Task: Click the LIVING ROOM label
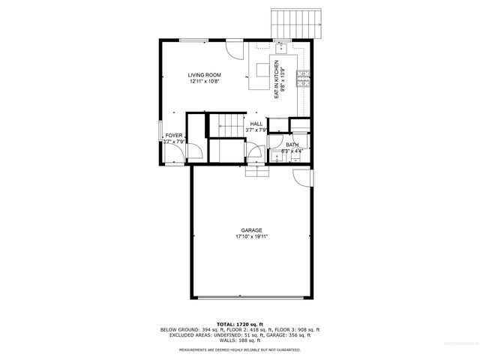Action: (x=203, y=75)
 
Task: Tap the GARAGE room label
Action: (x=251, y=230)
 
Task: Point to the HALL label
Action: (x=256, y=124)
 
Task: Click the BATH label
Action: (x=291, y=145)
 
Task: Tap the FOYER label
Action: (x=174, y=136)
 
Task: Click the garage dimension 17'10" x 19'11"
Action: (x=252, y=237)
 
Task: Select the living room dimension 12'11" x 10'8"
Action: (x=204, y=82)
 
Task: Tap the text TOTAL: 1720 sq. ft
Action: (x=239, y=323)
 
